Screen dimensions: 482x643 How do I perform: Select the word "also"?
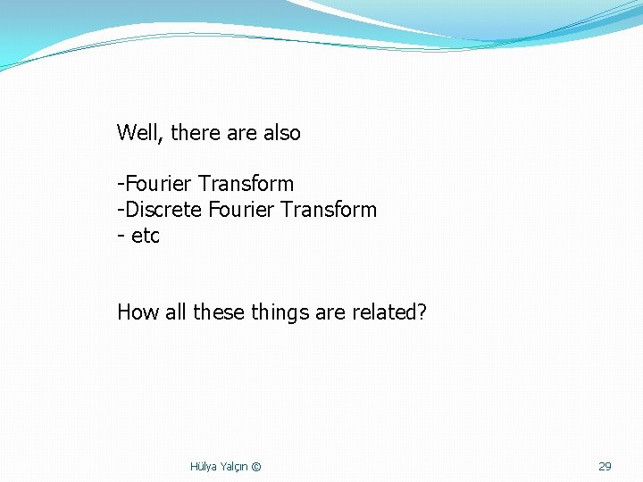point(282,133)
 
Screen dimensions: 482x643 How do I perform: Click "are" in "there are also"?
point(242,134)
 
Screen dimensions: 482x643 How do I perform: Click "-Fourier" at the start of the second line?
point(154,184)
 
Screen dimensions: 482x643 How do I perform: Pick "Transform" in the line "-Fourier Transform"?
point(246,184)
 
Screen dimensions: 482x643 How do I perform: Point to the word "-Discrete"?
point(159,210)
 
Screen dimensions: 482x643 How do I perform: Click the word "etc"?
point(146,237)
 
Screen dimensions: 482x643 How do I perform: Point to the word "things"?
point(282,313)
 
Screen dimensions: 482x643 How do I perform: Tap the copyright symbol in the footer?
point(256,467)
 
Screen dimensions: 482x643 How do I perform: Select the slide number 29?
point(605,466)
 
